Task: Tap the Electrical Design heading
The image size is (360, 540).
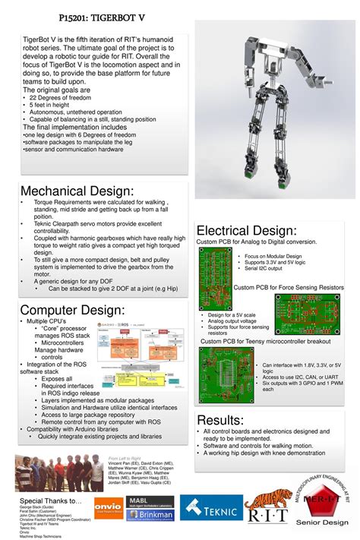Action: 246,230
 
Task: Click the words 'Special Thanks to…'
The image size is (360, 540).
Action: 50,501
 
